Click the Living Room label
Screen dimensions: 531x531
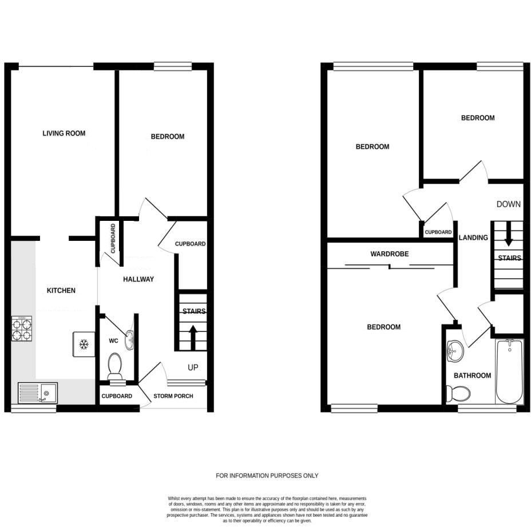click(x=64, y=133)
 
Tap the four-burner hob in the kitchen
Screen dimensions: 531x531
click(x=22, y=328)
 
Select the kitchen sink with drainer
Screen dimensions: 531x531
click(x=37, y=393)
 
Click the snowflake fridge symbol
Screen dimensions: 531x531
click(x=84, y=344)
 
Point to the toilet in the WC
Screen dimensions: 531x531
click(x=115, y=364)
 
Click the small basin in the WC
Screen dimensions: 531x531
click(x=130, y=340)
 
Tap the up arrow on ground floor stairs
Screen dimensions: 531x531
click(x=193, y=337)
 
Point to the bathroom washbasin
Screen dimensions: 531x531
click(x=455, y=351)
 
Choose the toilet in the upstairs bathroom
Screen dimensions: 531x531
click(x=459, y=393)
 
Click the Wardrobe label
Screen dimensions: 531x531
click(x=389, y=253)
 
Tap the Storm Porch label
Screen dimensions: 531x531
click(x=173, y=396)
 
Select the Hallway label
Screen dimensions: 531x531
click(x=138, y=279)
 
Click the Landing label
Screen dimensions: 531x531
click(x=474, y=237)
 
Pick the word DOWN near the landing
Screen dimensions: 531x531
click(x=508, y=204)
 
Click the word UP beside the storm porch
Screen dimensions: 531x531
click(x=193, y=367)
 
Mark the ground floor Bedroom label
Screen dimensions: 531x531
click(x=168, y=137)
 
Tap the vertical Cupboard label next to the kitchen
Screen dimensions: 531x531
click(x=113, y=239)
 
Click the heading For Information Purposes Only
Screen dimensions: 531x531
click(x=267, y=475)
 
